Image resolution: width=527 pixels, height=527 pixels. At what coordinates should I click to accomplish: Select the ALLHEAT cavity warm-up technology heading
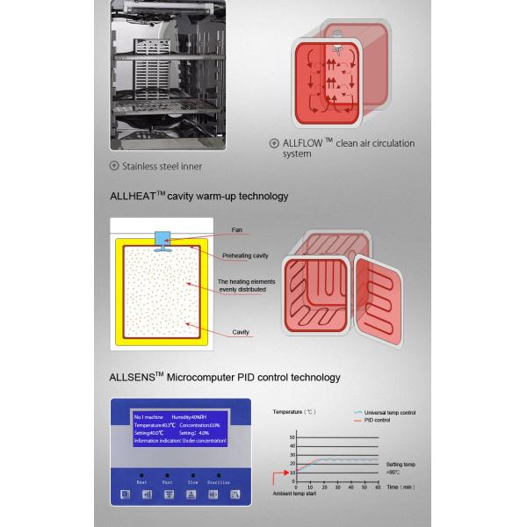pyautogui.click(x=199, y=196)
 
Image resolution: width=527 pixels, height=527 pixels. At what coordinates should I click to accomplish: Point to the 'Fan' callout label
pyautogui.click(x=236, y=230)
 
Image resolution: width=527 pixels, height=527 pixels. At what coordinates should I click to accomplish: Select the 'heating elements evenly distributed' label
pyautogui.click(x=246, y=287)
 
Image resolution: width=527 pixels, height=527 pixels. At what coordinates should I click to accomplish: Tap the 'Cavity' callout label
pyautogui.click(x=241, y=333)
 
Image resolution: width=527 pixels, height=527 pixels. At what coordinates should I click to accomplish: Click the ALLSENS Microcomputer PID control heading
pyautogui.click(x=225, y=378)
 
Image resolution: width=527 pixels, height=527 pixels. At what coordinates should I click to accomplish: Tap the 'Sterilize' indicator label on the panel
pyautogui.click(x=220, y=482)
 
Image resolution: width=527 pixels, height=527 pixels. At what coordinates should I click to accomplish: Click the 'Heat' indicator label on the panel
pyautogui.click(x=141, y=482)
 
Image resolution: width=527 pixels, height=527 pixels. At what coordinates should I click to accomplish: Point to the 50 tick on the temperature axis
pyautogui.click(x=292, y=437)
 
